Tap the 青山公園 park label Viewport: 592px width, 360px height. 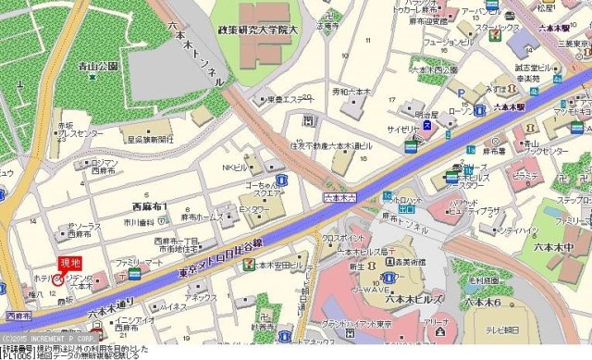point(100,67)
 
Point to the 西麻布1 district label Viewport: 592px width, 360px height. point(150,205)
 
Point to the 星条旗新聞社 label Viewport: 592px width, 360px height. point(152,139)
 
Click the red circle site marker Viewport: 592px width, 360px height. point(58,279)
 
